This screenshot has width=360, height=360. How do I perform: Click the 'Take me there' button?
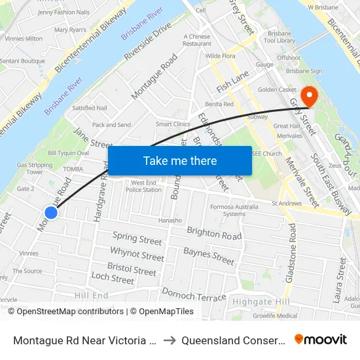pyautogui.click(x=179, y=160)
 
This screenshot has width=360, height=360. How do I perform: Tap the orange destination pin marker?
pyautogui.click(x=308, y=96)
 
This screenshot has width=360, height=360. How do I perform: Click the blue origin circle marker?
pyautogui.click(x=51, y=212)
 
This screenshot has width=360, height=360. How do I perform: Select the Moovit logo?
pyautogui.click(x=321, y=339)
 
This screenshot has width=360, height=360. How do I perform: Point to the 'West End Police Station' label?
pyautogui.click(x=143, y=187)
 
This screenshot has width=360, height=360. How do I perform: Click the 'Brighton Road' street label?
pyautogui.click(x=214, y=233)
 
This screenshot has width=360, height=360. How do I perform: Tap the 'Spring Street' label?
pyautogui.click(x=137, y=238)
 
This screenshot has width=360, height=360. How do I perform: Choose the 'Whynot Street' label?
pyautogui.click(x=137, y=254)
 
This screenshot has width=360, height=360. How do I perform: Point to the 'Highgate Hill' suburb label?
pyautogui.click(x=261, y=301)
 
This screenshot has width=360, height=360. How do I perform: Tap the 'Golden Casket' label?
pyautogui.click(x=277, y=90)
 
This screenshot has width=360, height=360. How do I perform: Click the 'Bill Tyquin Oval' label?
pyautogui.click(x=68, y=153)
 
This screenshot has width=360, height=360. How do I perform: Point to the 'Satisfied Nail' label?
pyautogui.click(x=90, y=108)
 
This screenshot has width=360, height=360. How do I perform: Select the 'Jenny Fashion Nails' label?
pyautogui.click(x=64, y=12)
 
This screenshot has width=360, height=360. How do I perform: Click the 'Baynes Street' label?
pyautogui.click(x=209, y=256)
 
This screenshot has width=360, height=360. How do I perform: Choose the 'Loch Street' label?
pyautogui.click(x=113, y=278)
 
